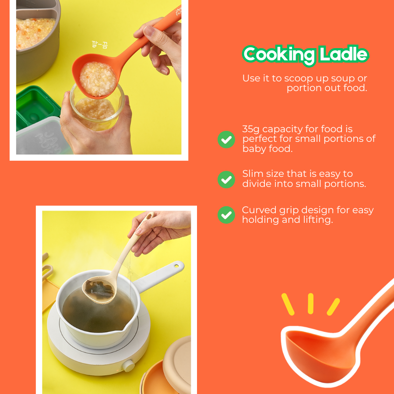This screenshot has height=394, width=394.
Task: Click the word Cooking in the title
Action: (279, 55)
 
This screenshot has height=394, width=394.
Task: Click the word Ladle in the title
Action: (344, 54)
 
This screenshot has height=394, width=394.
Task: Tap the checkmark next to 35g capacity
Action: (226, 140)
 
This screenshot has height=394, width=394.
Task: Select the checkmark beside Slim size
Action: (226, 179)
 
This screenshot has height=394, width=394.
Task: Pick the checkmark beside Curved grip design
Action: (226, 215)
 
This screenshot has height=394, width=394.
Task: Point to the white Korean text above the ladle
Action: (99, 45)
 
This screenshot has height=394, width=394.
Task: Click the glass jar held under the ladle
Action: (97, 108)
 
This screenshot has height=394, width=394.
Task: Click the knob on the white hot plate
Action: (128, 366)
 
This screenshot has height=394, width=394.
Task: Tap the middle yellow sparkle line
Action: (310, 303)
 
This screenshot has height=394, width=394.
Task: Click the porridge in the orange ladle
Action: (98, 79)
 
